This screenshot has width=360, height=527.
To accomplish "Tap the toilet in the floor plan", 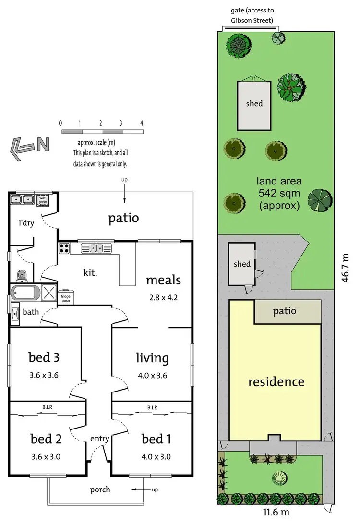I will [x=21, y=275].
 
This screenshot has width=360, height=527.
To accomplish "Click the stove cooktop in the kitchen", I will [x=64, y=248].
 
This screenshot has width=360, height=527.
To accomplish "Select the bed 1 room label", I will [x=156, y=439].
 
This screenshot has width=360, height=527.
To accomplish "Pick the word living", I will [x=152, y=358].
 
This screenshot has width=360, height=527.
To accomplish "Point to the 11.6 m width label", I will [x=276, y=512].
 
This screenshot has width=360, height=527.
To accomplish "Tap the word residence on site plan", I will [x=276, y=382].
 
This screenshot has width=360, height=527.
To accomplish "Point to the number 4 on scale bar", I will [x=142, y=123].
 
